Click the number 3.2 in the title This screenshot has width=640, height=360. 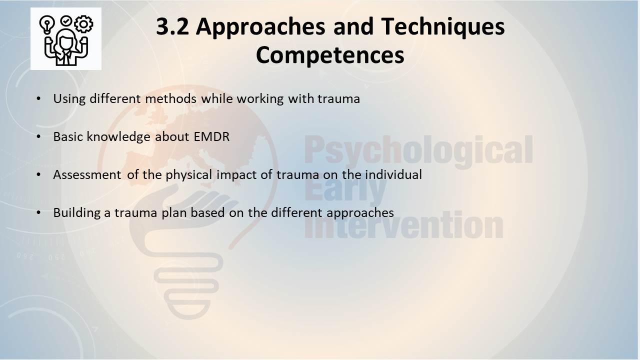tap(172, 26)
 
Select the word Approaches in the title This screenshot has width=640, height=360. tap(260, 27)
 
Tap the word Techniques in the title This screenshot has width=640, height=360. tap(442, 27)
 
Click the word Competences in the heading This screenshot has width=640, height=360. tap(330, 55)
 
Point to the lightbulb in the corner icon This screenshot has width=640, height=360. tap(47, 25)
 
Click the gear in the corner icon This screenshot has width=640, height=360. tap(83, 24)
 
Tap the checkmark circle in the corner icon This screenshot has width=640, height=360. tap(66, 21)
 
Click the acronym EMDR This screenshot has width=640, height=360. tap(211, 136)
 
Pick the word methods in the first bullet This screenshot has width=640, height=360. tap(170, 98)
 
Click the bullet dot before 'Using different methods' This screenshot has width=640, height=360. tap(38, 98)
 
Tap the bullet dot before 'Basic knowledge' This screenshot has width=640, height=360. tap(38, 136)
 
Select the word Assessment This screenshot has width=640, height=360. tap(87, 174)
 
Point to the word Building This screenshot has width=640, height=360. tap(77, 213)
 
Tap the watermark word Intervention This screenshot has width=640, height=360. tap(403, 225)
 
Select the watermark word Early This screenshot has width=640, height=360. tap(345, 188)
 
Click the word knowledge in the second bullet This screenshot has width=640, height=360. tap(118, 137)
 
